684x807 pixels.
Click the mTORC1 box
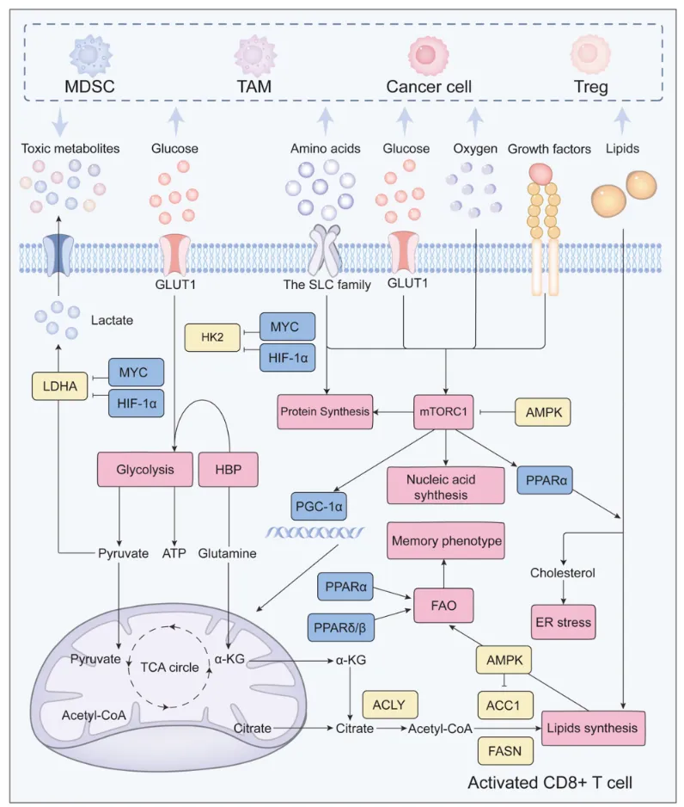pyautogui.click(x=444, y=412)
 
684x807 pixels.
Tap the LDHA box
pyautogui.click(x=57, y=387)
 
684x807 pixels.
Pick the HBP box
pyautogui.click(x=228, y=470)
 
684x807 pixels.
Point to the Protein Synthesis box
pyautogui.click(x=325, y=412)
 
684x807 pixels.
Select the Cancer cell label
pyautogui.click(x=425, y=86)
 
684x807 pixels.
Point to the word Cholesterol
pyautogui.click(x=564, y=572)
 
